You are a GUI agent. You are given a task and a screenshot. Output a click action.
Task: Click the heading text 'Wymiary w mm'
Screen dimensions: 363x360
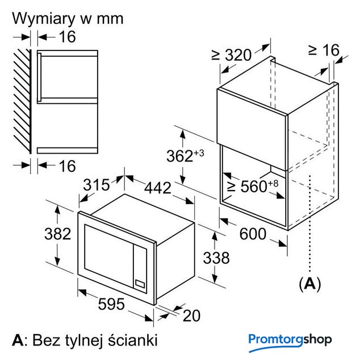(x=68, y=18)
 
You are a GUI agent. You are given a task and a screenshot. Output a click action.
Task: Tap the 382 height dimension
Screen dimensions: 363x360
(x=58, y=234)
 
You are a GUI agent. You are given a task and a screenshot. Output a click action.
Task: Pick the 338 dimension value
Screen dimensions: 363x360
(x=216, y=258)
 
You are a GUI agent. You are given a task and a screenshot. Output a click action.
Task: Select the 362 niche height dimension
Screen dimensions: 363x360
(x=185, y=155)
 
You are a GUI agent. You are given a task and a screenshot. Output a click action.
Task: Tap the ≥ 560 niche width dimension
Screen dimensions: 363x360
(x=252, y=187)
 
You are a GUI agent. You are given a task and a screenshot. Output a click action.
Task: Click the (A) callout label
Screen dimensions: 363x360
(x=309, y=282)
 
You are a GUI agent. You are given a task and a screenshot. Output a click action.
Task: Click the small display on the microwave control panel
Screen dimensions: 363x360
(x=140, y=282)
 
